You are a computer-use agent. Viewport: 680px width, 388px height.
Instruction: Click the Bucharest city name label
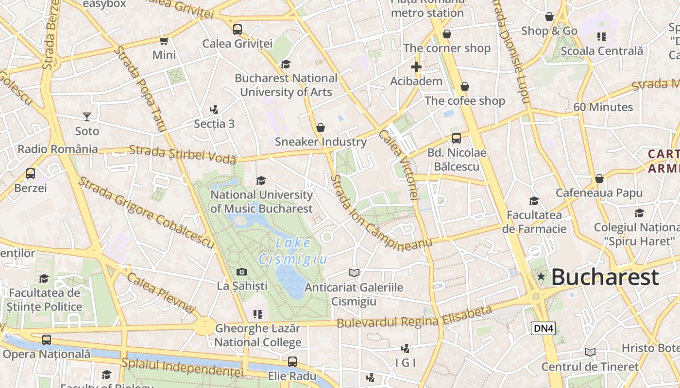pyautogui.click(x=605, y=277)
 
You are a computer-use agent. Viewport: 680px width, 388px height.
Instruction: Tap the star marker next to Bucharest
pyautogui.click(x=541, y=276)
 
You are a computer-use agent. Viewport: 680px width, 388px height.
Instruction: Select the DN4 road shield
pyautogui.click(x=543, y=328)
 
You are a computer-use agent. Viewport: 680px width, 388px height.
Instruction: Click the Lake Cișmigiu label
pyautogui.click(x=293, y=251)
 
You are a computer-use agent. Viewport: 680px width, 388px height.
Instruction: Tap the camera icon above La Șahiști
pyautogui.click(x=241, y=272)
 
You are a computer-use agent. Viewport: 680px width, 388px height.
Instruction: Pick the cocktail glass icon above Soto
pyautogui.click(x=87, y=116)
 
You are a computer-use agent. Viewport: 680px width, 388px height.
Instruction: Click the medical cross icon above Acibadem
pyautogui.click(x=416, y=67)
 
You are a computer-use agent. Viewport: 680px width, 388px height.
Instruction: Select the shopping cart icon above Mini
pyautogui.click(x=164, y=41)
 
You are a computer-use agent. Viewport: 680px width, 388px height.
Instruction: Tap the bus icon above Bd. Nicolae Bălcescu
pyautogui.click(x=457, y=138)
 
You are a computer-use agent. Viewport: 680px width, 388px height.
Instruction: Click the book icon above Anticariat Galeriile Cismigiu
pyautogui.click(x=354, y=273)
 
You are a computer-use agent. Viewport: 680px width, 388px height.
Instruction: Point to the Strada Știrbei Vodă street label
pyautogui.click(x=183, y=154)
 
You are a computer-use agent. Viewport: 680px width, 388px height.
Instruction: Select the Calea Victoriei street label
pyautogui.click(x=399, y=165)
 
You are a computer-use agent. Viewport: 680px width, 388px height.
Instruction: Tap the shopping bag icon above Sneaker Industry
pyautogui.click(x=321, y=128)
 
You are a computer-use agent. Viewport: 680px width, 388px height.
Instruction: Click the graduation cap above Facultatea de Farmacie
pyautogui.click(x=534, y=201)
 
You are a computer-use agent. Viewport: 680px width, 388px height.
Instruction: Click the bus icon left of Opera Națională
pyautogui.click(x=47, y=340)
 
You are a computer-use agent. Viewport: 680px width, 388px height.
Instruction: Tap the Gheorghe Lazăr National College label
pyautogui.click(x=258, y=335)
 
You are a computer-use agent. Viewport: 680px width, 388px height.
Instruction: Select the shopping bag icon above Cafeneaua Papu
pyautogui.click(x=599, y=178)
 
